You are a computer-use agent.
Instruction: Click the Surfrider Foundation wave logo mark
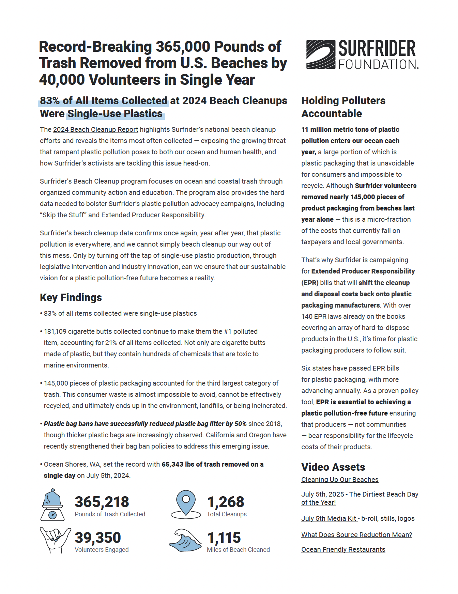click(x=320, y=54)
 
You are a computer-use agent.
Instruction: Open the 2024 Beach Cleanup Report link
click(x=95, y=130)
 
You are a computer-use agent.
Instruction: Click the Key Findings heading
click(x=71, y=298)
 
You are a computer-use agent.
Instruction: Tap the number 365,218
click(x=102, y=502)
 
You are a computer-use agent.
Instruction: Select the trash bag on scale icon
click(x=52, y=505)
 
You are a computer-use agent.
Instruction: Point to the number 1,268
click(x=226, y=502)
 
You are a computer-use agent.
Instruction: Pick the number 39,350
click(x=98, y=538)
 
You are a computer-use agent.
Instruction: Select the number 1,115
click(x=224, y=538)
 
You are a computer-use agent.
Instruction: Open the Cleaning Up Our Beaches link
click(x=340, y=480)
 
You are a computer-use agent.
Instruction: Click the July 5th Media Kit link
click(x=329, y=519)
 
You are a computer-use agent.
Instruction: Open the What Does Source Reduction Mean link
click(x=356, y=535)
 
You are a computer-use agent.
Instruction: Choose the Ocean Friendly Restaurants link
click(x=343, y=550)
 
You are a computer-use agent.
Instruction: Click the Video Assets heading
click(x=333, y=467)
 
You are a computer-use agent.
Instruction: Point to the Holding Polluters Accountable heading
click(x=343, y=107)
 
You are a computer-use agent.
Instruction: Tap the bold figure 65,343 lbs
click(x=177, y=465)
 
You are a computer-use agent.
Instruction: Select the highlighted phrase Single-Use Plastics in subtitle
click(x=115, y=114)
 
